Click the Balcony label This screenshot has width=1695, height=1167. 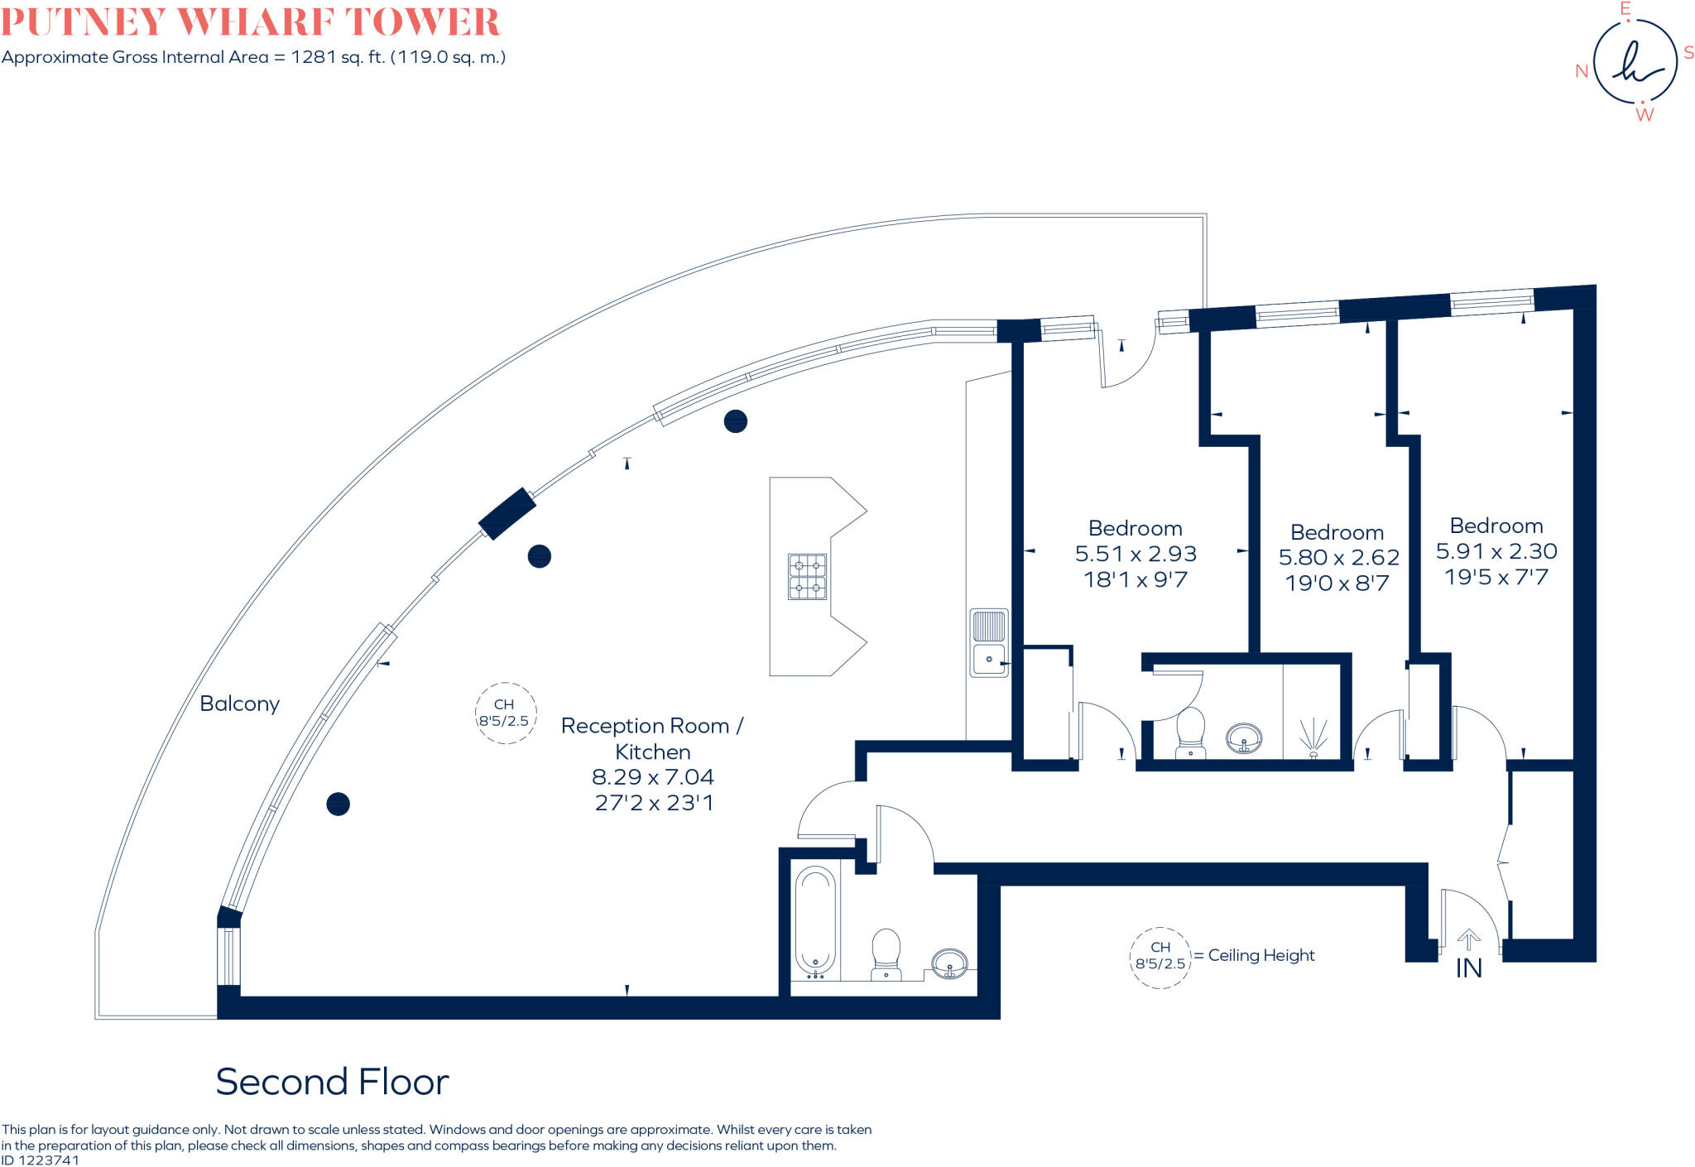point(239,704)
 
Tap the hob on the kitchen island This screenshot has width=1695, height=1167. point(807,577)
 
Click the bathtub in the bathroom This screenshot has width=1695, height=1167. point(815,922)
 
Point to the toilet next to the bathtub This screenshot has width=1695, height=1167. point(886,953)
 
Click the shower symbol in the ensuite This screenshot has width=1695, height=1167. point(1313,737)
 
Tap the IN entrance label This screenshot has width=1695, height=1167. point(1468,968)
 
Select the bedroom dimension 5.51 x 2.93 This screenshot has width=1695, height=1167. point(1136,554)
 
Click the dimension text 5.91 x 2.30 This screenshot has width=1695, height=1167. point(1496,551)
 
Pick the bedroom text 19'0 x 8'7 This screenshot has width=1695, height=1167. point(1337,583)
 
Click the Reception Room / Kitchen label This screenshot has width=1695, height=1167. point(652,738)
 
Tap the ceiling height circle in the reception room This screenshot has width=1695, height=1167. point(505,713)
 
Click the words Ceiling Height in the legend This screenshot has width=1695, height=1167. point(1261,955)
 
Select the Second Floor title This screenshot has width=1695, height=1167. point(332,1082)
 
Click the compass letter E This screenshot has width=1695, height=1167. point(1625,9)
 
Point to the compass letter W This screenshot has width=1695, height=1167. point(1644,115)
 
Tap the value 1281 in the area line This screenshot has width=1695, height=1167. point(313,57)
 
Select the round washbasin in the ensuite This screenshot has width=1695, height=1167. point(1244,737)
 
